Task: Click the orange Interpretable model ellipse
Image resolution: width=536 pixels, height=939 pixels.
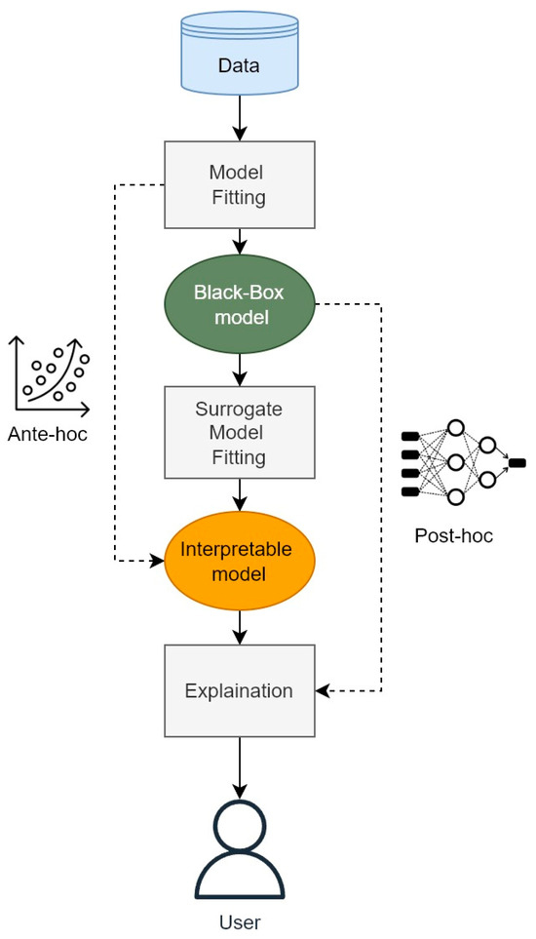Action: coord(240,561)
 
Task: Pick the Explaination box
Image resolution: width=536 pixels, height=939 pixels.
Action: coord(240,690)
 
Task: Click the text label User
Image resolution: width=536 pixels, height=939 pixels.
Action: coord(240,921)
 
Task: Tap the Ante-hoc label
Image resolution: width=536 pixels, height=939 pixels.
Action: coord(47,433)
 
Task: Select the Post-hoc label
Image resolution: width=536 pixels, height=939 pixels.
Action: coord(453,535)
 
